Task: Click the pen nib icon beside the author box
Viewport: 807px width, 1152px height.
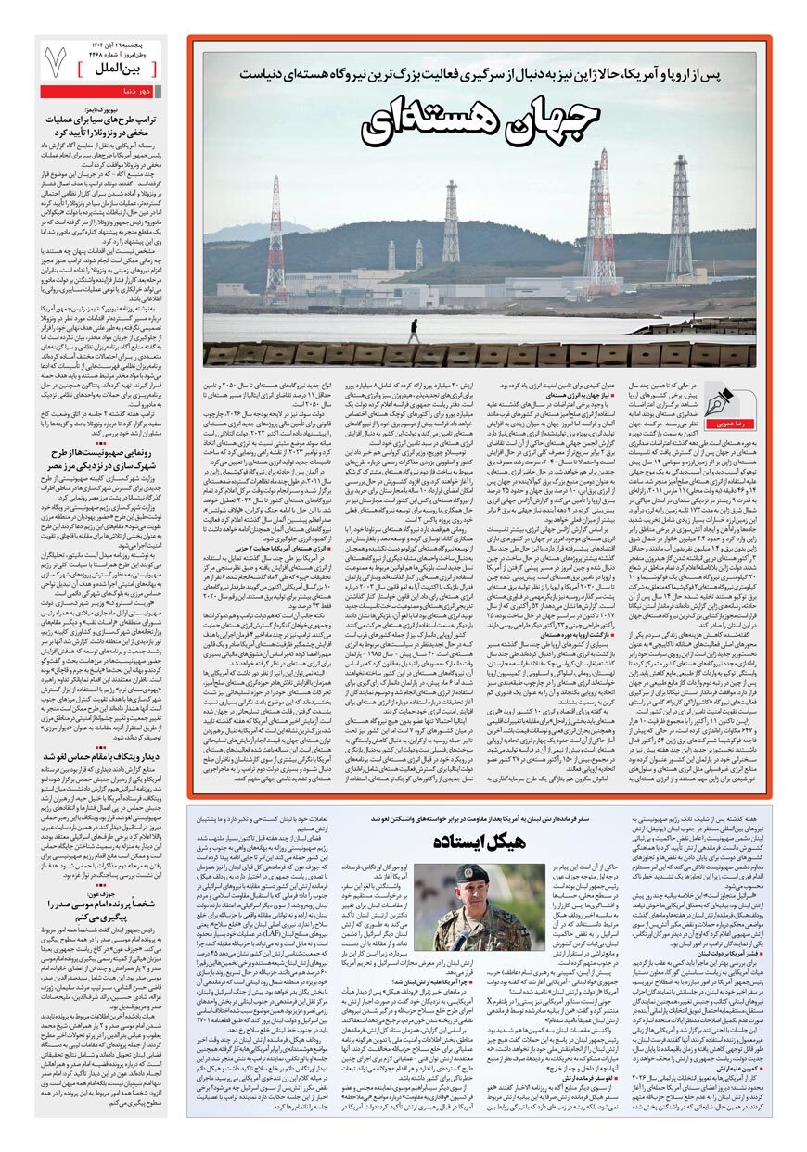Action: (720, 399)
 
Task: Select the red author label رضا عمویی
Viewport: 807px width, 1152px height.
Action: (720, 423)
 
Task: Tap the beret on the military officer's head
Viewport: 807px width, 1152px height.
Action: (471, 873)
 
